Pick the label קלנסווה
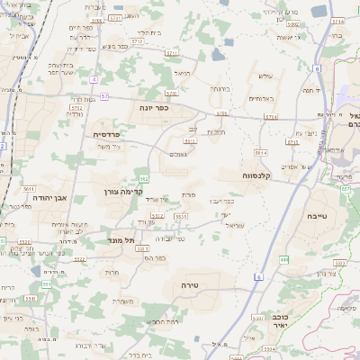[x=261, y=175]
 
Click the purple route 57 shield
[x=105, y=95]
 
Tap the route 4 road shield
[x=94, y=80]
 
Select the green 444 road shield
[x=283, y=259]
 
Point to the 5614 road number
[x=261, y=154]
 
